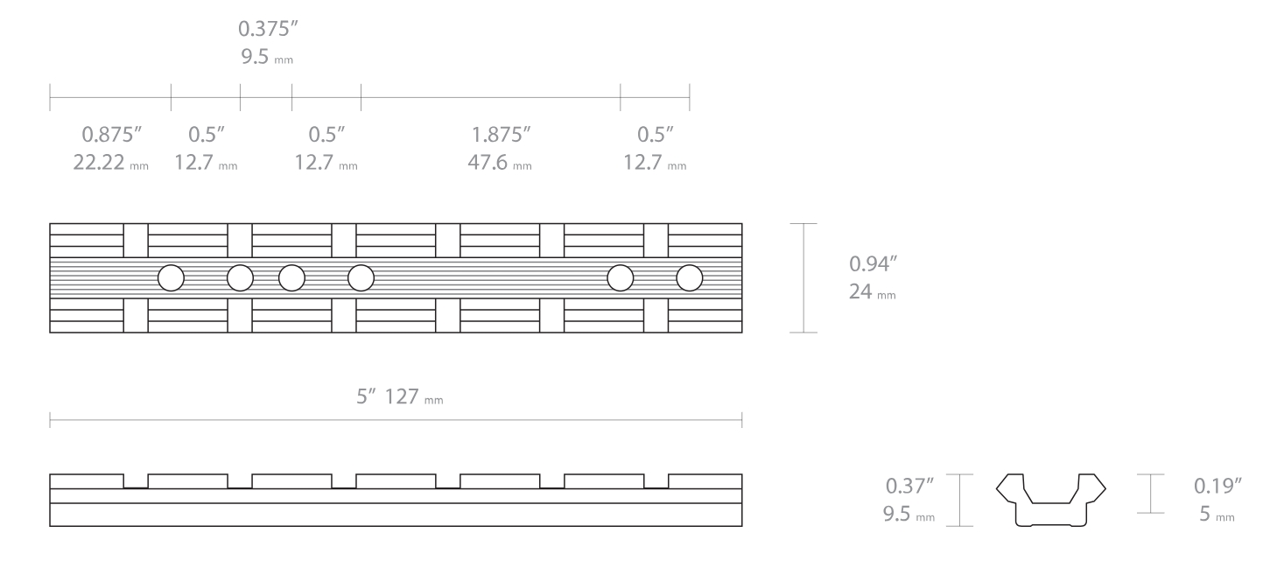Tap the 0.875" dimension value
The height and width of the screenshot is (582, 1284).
click(x=112, y=136)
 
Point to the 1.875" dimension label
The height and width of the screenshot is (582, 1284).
click(x=502, y=136)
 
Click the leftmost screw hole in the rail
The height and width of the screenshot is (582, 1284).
click(x=171, y=277)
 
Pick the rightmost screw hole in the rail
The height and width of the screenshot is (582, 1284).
click(x=690, y=277)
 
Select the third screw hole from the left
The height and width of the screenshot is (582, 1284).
click(x=291, y=277)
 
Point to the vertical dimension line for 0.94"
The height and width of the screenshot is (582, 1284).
click(x=803, y=277)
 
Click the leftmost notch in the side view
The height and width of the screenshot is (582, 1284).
click(x=136, y=481)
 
